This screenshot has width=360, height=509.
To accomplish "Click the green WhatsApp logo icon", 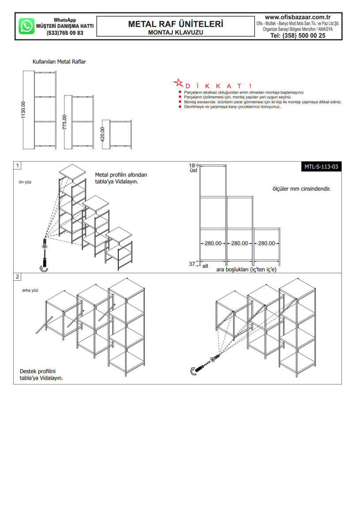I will pyautogui.click(x=27, y=26).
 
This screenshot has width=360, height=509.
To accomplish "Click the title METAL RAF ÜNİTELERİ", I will pyautogui.click(x=175, y=24).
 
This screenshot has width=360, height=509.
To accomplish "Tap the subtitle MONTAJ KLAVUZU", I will pyautogui.click(x=175, y=33).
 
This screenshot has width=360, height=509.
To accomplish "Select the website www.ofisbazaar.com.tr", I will pyautogui.click(x=298, y=17).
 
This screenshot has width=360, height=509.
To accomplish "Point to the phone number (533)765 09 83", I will pyautogui.click(x=64, y=33).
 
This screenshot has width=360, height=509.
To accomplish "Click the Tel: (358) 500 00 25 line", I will pyautogui.click(x=298, y=36).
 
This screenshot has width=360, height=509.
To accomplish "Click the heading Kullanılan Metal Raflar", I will pyautogui.click(x=59, y=62).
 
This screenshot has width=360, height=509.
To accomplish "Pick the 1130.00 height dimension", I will pyautogui.click(x=23, y=110).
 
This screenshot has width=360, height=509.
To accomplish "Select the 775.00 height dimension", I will pyautogui.click(x=64, y=122).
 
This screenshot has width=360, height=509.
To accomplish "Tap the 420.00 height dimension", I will pyautogui.click(x=102, y=134).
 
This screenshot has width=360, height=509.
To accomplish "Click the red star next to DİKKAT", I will pyautogui.click(x=178, y=83).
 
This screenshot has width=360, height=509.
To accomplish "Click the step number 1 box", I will pyautogui.click(x=17, y=166).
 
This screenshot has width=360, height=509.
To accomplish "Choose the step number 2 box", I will pyautogui.click(x=17, y=277).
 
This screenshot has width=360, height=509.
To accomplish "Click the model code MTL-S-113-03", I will pyautogui.click(x=321, y=166).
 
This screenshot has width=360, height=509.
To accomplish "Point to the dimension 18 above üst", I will pyautogui.click(x=192, y=165).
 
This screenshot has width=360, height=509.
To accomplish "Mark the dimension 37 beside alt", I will pyautogui.click(x=192, y=264).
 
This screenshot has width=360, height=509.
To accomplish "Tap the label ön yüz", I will pyautogui.click(x=25, y=182).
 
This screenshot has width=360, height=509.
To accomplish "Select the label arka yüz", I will pyautogui.click(x=30, y=290).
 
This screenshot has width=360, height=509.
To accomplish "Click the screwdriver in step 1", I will pyautogui.click(x=44, y=256).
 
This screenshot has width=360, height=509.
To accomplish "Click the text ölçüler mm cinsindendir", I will pyautogui.click(x=302, y=189).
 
